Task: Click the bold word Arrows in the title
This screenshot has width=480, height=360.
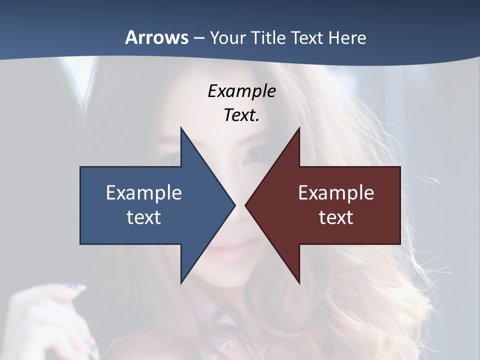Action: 156,37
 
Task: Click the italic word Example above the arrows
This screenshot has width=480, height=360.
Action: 241,91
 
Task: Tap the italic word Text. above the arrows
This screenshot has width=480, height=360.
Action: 241,115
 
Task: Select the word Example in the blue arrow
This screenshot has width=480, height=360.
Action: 144,192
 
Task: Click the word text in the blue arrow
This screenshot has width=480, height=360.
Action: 144,217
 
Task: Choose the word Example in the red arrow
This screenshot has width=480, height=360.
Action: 336,192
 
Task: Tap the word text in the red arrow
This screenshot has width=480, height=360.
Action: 336,217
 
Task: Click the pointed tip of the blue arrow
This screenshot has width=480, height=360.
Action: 233,205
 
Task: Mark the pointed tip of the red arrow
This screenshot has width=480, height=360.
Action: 247,205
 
